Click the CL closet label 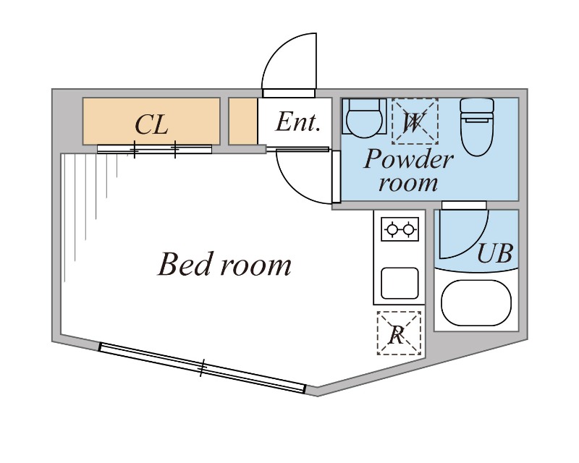pyautogui.click(x=151, y=124)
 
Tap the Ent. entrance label pyautogui.click(x=297, y=122)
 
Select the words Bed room pyautogui.click(x=224, y=264)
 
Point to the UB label pyautogui.click(x=495, y=253)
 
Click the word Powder pyautogui.click(x=408, y=159)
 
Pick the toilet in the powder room pyautogui.click(x=477, y=127)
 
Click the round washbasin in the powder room pyautogui.click(x=364, y=117)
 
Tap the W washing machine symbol pyautogui.click(x=415, y=122)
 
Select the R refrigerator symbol pyautogui.click(x=400, y=333)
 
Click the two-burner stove pyautogui.click(x=400, y=229)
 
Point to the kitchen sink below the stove pyautogui.click(x=400, y=283)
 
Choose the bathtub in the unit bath pyautogui.click(x=476, y=304)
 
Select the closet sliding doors pyautogui.click(x=154, y=149)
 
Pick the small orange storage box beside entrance pyautogui.click(x=243, y=121)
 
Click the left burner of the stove pyautogui.click(x=392, y=229)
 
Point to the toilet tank pyautogui.click(x=477, y=110)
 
